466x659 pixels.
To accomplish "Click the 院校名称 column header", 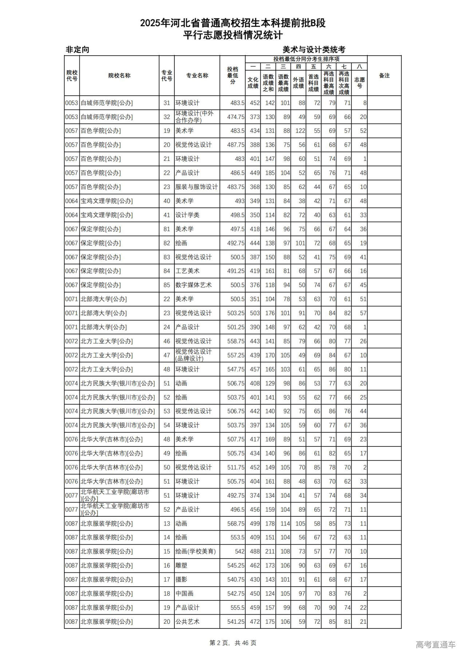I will click(x=119, y=76).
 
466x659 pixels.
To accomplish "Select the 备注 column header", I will click(x=384, y=76).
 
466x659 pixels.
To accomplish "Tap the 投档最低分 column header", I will click(x=232, y=76).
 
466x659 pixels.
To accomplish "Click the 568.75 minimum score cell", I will click(x=236, y=524).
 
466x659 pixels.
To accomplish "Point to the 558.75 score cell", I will click(x=236, y=341).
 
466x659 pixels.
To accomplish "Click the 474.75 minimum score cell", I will click(x=236, y=117).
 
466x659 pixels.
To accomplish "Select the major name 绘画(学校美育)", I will click(x=196, y=552).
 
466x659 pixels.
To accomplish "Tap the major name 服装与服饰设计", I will click(x=196, y=187).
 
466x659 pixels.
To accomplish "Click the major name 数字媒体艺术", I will click(x=193, y=285).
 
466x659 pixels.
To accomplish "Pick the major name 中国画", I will click(x=185, y=594).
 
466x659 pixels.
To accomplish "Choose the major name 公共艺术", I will click(x=187, y=622).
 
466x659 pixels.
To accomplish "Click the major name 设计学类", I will click(x=187, y=215).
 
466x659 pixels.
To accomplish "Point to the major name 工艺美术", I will click(x=187, y=271).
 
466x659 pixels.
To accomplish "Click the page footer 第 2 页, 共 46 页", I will click(x=233, y=643).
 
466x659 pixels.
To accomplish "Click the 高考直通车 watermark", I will click(x=435, y=644).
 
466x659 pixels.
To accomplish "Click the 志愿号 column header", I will click(x=359, y=83).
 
